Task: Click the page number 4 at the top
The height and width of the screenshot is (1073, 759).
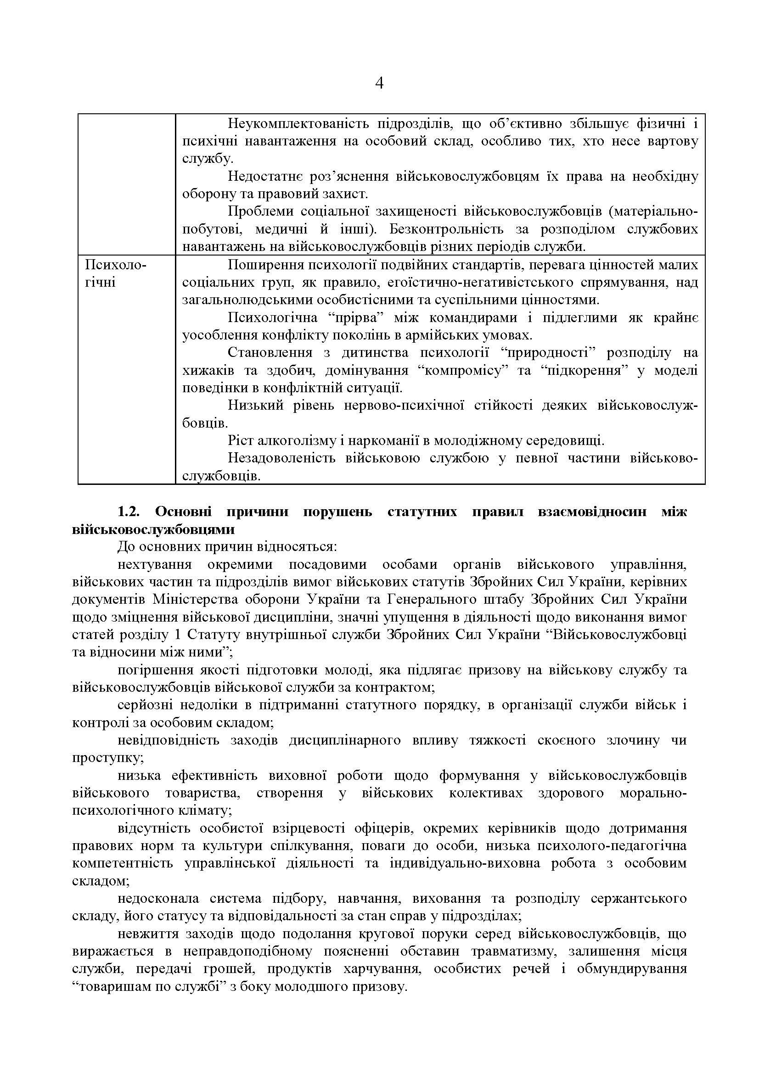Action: [379, 83]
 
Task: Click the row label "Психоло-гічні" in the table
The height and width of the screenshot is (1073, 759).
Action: [115, 274]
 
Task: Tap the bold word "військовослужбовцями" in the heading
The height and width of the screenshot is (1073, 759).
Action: [153, 529]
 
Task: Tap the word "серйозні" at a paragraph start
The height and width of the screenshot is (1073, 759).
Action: [146, 705]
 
